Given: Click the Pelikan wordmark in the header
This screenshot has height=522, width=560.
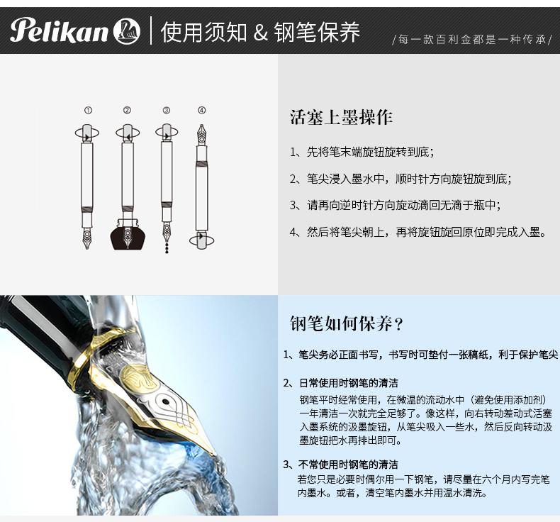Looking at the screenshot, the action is [x=60, y=30].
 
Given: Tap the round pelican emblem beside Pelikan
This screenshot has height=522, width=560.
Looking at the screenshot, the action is [x=127, y=31].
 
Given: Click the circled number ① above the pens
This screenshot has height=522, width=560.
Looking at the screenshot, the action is [x=88, y=110].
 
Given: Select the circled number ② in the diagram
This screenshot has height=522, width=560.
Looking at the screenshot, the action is [x=127, y=110].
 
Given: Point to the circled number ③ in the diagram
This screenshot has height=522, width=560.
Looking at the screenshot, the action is [x=167, y=110].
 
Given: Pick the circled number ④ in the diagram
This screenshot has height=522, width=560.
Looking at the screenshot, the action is [x=202, y=110].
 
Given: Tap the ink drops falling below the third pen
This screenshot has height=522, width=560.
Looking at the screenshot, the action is [x=167, y=248].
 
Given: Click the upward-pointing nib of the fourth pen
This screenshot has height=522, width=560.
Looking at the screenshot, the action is [x=202, y=134].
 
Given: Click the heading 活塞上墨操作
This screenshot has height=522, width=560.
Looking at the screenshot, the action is [x=341, y=117].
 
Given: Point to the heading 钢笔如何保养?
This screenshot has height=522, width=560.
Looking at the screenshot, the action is [x=347, y=323].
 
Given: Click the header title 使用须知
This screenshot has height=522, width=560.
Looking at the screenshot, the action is [x=203, y=32].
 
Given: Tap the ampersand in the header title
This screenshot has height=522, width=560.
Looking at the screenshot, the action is [x=261, y=32].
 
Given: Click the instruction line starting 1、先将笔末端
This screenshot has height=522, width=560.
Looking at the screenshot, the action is [x=362, y=152].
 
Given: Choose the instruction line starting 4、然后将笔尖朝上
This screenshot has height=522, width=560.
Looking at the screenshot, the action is [x=418, y=232].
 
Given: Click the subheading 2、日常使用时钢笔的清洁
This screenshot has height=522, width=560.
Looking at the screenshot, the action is [x=341, y=383].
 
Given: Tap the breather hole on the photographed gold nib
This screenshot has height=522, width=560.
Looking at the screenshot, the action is [x=165, y=401].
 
